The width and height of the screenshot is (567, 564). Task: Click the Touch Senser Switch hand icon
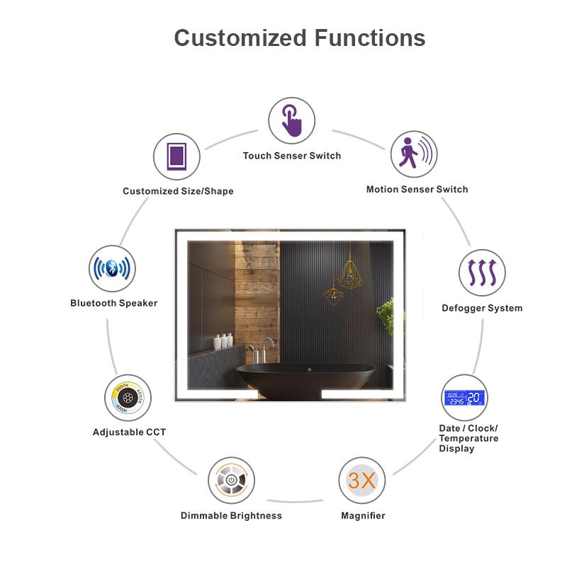(x=291, y=121)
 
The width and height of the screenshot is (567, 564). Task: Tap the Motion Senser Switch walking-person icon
(x=413, y=154)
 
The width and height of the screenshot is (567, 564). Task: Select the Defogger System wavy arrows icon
(x=482, y=272)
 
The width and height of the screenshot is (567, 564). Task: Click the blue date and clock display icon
(x=465, y=398)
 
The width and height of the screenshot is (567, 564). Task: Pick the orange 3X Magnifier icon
(x=361, y=480)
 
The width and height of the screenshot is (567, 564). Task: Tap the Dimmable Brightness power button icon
(x=231, y=481)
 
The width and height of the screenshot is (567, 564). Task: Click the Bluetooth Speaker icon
(x=112, y=269)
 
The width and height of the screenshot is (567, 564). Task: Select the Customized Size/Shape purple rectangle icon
(x=176, y=156)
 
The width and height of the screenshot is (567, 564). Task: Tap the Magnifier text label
(x=363, y=516)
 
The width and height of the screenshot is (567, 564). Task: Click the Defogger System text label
(x=482, y=308)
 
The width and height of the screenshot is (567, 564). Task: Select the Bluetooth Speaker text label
(x=113, y=303)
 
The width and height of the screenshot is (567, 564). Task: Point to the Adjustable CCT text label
(x=129, y=432)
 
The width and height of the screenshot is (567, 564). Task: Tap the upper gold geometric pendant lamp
(x=349, y=272)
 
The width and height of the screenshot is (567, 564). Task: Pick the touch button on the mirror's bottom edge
(x=310, y=369)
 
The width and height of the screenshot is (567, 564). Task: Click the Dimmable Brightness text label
(x=231, y=516)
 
